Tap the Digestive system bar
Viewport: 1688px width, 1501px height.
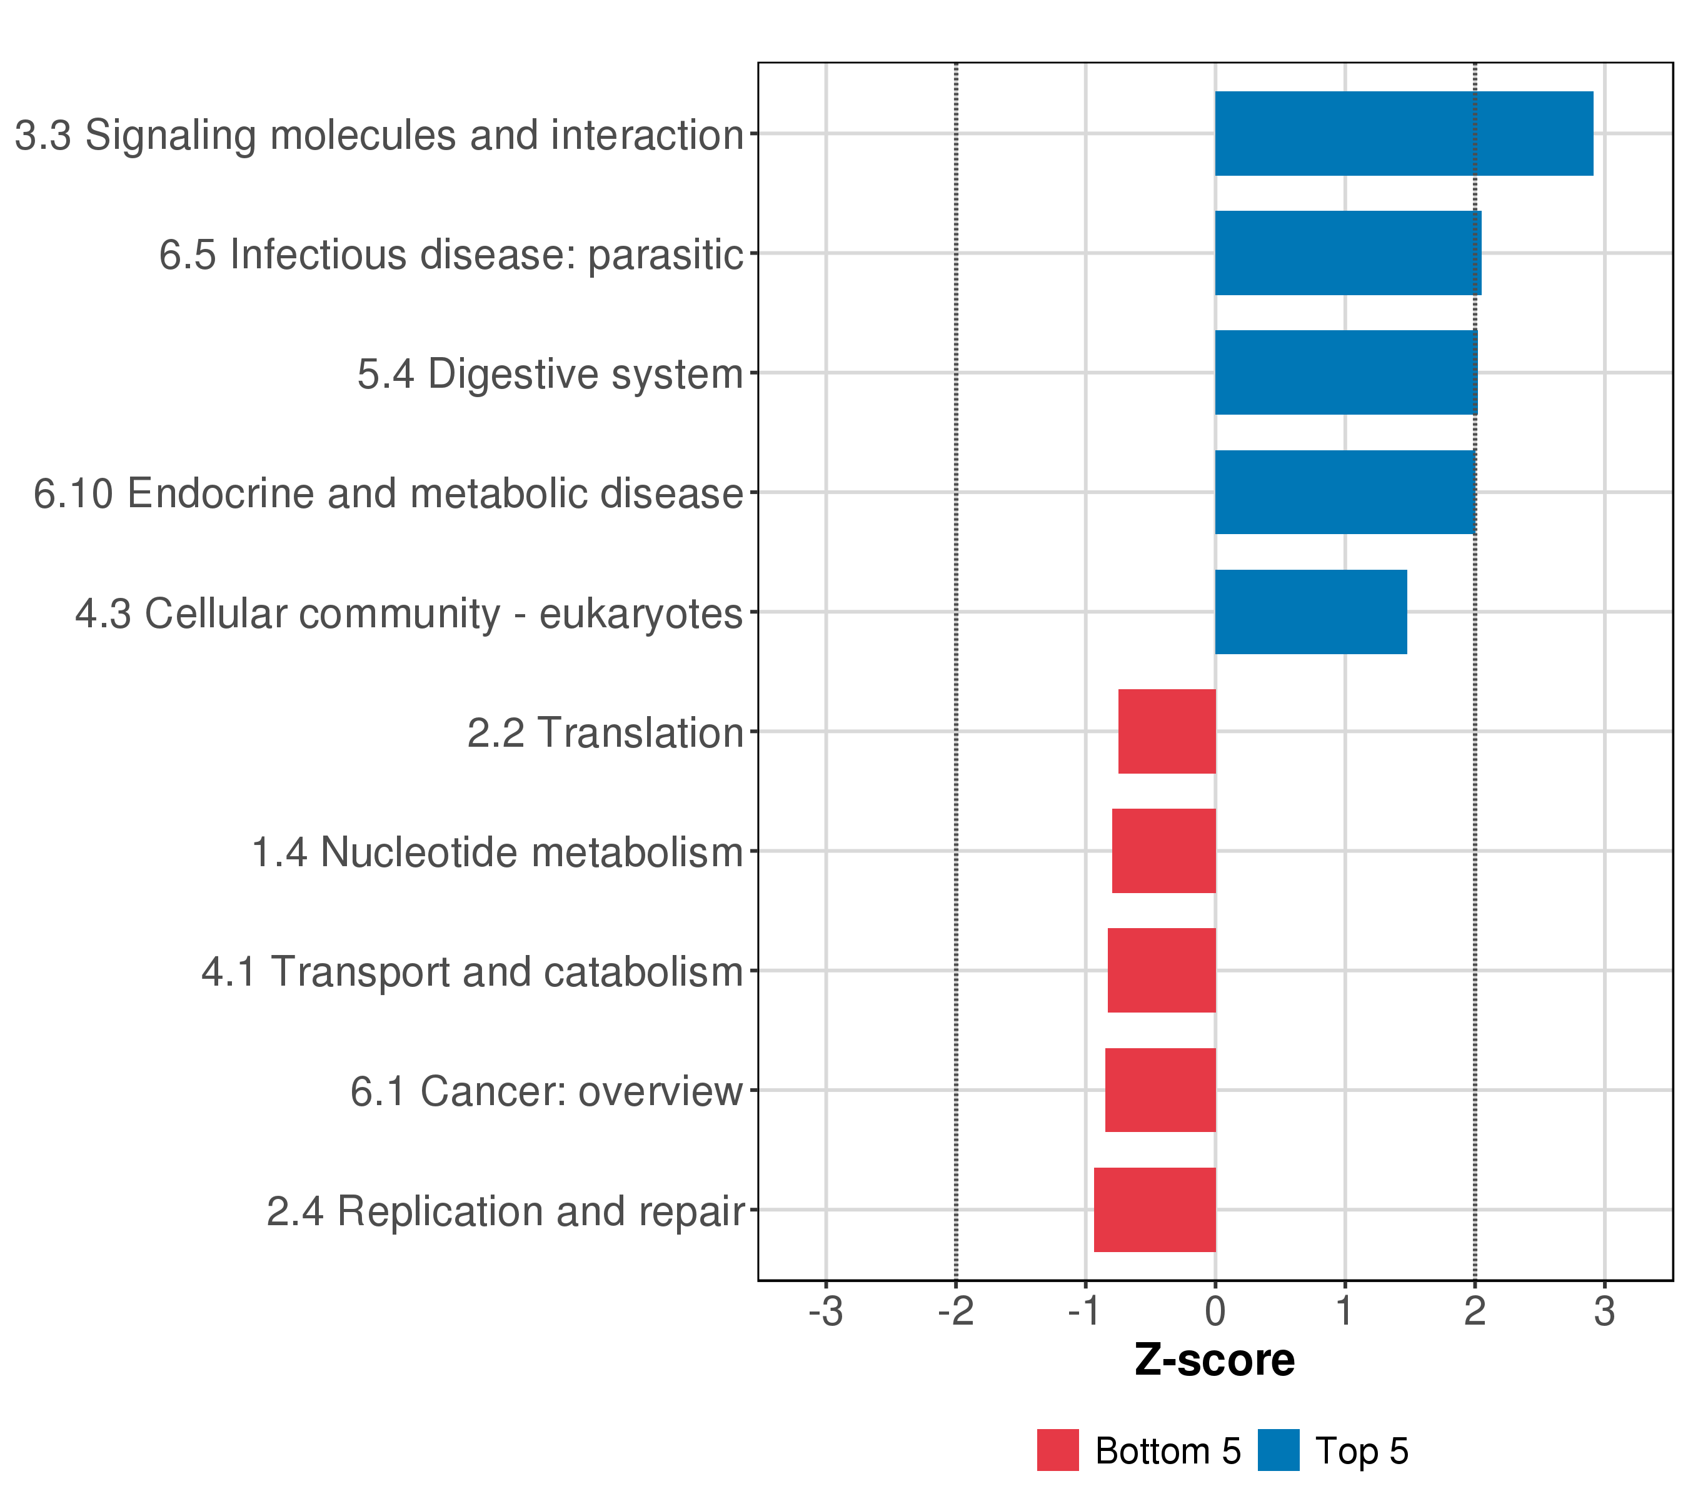point(1345,373)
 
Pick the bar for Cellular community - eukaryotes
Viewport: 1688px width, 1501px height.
point(1310,612)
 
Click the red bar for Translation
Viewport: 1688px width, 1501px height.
point(1166,731)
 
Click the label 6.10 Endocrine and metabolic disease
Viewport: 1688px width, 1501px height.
point(388,493)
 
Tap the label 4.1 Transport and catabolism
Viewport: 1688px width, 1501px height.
point(473,971)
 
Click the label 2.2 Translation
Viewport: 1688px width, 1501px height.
point(605,733)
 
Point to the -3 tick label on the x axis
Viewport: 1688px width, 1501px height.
point(825,1312)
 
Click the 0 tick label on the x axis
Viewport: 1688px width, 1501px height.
point(1215,1312)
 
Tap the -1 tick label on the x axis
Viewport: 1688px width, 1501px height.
point(1085,1312)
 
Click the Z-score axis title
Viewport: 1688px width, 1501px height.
point(1214,1360)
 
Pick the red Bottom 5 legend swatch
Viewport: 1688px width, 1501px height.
point(1058,1450)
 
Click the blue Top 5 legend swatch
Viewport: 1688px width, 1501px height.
point(1279,1450)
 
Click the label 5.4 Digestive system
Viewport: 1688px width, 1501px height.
point(550,373)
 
